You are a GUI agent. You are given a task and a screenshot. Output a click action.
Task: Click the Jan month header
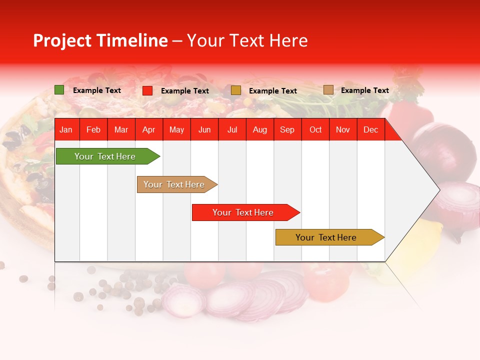pos(66,130)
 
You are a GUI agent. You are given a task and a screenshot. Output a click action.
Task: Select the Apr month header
pos(148,130)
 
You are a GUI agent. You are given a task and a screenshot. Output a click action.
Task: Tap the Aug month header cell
pos(259,130)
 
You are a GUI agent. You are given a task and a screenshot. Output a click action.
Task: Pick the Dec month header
pos(370,130)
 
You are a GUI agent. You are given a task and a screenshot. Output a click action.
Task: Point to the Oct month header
pos(315,130)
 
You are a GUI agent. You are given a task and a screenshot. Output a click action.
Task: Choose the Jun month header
pos(204,130)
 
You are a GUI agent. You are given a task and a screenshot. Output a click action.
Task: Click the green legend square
pos(59,90)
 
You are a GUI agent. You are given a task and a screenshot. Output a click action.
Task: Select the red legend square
pos(147,90)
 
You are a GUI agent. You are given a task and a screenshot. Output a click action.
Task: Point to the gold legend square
pos(235,90)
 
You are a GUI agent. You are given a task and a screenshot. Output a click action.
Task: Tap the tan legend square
pos(328,90)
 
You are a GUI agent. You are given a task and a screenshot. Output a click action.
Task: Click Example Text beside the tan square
pos(364,90)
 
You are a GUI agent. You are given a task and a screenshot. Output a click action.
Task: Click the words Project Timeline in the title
pos(100,40)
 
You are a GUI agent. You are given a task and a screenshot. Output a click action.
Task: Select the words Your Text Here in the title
pos(247,40)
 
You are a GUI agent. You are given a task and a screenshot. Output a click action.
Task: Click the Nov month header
pos(342,130)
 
